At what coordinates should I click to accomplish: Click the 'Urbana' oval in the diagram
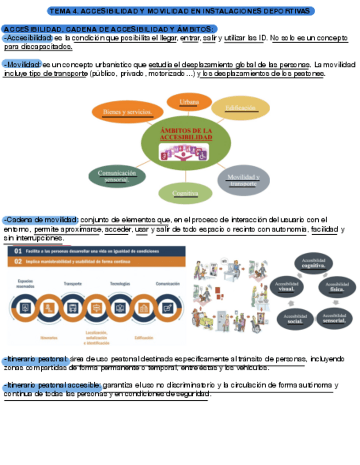click(x=189, y=102)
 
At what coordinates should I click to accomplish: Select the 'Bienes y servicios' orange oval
click(x=126, y=112)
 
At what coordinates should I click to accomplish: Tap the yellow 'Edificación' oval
click(x=240, y=108)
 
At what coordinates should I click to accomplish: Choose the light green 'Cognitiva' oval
click(x=185, y=193)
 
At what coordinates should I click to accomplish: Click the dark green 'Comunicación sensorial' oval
click(x=117, y=176)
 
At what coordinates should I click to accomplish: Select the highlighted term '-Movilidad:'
click(x=22, y=64)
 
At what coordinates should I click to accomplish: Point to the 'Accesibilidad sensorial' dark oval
click(x=334, y=318)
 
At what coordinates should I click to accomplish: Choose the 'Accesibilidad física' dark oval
click(x=337, y=287)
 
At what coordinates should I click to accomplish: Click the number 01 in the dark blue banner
click(x=18, y=251)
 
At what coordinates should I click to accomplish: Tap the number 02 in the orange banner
click(x=18, y=262)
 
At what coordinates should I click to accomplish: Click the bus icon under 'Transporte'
click(x=73, y=308)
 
